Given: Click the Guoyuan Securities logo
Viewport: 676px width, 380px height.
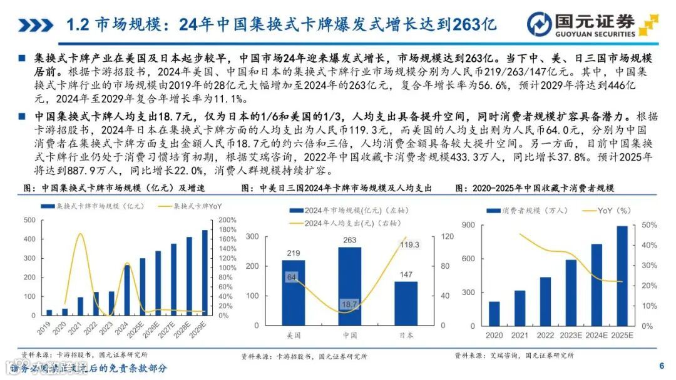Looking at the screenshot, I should click(x=591, y=24).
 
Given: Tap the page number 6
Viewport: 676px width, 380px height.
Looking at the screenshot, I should click(x=661, y=366).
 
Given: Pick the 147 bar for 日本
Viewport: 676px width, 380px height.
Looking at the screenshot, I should click(x=406, y=304).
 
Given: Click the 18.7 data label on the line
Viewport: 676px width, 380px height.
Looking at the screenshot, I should click(x=349, y=304).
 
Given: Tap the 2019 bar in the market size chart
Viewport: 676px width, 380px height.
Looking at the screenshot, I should click(x=49, y=312).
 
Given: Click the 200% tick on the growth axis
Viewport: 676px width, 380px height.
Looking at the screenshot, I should click(x=227, y=220).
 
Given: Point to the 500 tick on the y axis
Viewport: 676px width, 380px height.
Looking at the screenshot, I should click(x=29, y=220).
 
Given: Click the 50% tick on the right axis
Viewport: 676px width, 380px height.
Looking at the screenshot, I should click(x=648, y=225).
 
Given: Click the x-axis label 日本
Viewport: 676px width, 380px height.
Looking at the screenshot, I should click(x=406, y=336).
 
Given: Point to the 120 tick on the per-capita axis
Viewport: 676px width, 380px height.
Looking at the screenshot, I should click(x=447, y=236).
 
